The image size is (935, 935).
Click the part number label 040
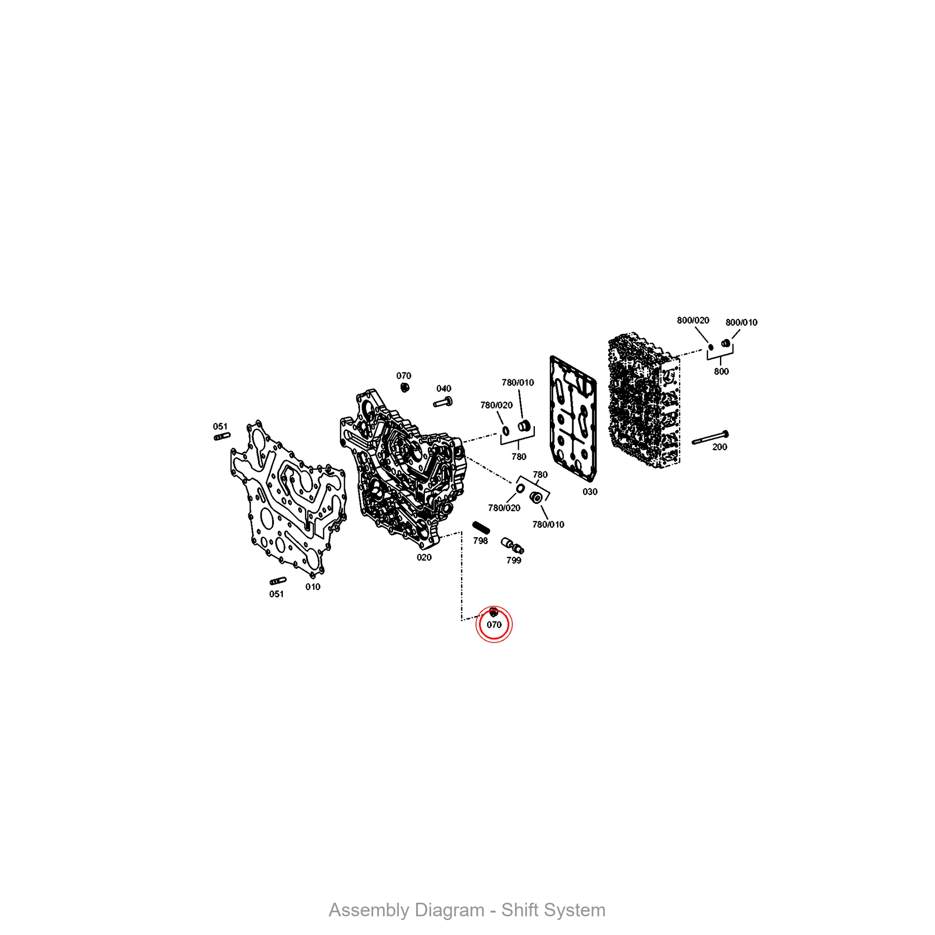click(444, 388)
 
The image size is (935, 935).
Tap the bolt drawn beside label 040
click(442, 402)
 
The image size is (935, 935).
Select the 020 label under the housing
click(424, 558)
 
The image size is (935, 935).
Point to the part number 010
click(313, 587)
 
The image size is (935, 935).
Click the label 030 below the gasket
click(590, 492)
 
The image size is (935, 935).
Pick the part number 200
click(719, 447)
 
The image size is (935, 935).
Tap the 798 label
click(481, 540)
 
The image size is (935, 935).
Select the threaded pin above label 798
click(481, 527)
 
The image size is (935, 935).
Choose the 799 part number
click(514, 561)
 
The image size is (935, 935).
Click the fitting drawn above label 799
click(512, 546)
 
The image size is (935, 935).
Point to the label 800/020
click(693, 320)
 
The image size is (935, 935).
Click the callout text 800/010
click(741, 322)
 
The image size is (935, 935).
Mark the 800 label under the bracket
click(721, 372)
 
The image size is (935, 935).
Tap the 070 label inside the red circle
click(494, 625)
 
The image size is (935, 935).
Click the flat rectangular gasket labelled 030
click(574, 419)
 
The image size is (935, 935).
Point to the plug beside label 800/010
click(726, 343)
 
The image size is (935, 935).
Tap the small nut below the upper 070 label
click(405, 387)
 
